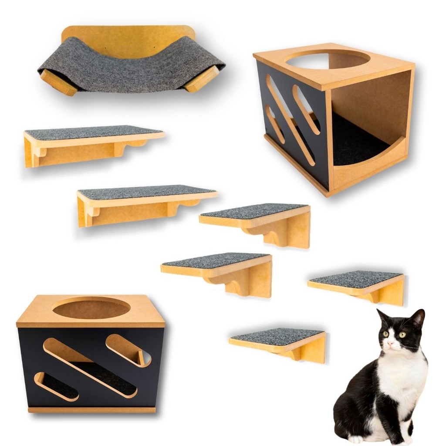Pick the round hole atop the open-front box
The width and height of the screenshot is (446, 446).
click(328, 60)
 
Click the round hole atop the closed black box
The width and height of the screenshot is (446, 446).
click(91, 307)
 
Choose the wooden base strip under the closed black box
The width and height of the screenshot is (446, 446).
click(91, 409)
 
